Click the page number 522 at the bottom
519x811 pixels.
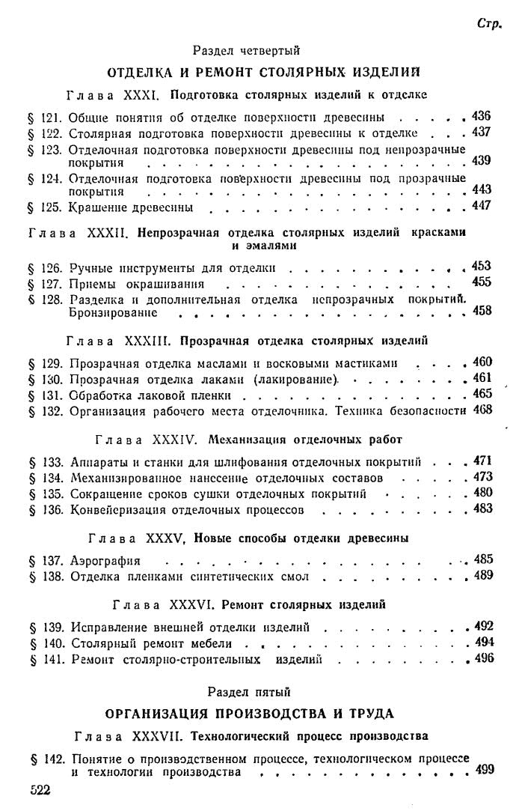point(40,790)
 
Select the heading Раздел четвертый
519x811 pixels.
point(246,51)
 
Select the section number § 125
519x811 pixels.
point(45,207)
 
